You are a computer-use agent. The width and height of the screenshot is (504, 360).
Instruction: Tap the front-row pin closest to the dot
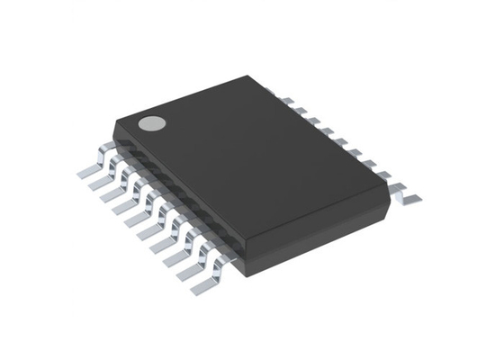[85, 168]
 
